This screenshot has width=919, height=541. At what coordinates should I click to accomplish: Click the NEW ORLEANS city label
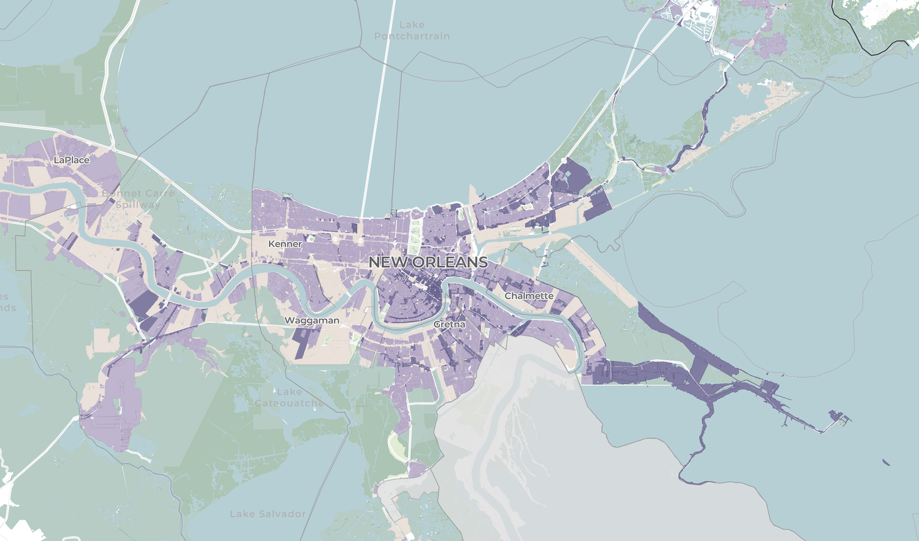[428, 262]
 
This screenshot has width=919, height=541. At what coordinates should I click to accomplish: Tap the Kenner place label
[285, 244]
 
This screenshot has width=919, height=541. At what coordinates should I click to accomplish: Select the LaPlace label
[72, 160]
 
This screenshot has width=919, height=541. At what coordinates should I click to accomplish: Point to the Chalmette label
[529, 296]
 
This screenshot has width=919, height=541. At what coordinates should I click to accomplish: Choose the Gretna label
[449, 324]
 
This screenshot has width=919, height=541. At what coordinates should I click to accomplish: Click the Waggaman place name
[311, 320]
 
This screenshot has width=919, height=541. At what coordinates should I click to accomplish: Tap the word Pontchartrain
[412, 36]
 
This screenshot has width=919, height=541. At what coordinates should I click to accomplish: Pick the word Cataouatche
[289, 403]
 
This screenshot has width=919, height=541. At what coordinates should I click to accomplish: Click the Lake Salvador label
[268, 513]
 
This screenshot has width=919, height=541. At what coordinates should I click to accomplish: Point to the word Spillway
[138, 204]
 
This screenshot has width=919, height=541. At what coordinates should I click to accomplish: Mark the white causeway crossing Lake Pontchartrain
[375, 123]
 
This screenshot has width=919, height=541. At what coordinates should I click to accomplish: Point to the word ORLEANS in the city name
[450, 262]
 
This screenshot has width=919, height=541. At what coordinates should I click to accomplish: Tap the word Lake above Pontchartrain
[412, 25]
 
